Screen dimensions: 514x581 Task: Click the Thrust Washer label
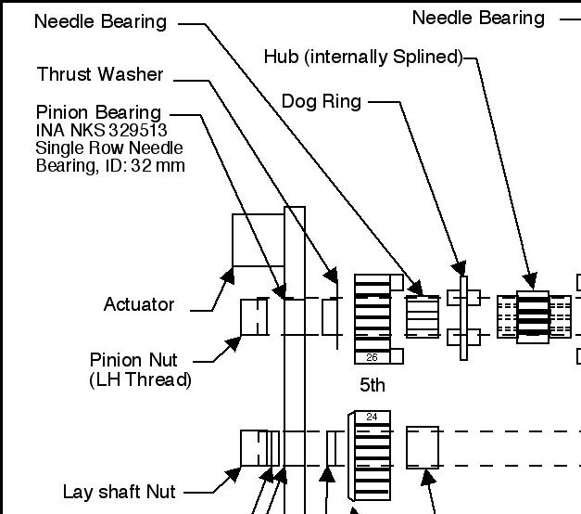tap(100, 74)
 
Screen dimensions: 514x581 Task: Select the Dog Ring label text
tap(322, 101)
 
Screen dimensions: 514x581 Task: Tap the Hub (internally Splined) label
tap(362, 58)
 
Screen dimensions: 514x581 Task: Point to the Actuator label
tap(139, 304)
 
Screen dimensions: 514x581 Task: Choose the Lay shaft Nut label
tap(119, 492)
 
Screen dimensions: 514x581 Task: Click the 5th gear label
tap(373, 384)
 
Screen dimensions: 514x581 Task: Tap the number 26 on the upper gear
tap(372, 357)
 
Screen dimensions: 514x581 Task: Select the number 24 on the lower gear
tap(372, 417)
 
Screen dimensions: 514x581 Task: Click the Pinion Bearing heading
tap(98, 113)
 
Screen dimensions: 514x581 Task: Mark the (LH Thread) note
tap(140, 379)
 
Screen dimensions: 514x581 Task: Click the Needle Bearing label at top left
tap(100, 21)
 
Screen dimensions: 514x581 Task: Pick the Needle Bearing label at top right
tap(478, 18)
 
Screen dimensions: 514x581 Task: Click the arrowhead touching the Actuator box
tap(224, 276)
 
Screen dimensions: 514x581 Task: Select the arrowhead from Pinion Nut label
tap(234, 342)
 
